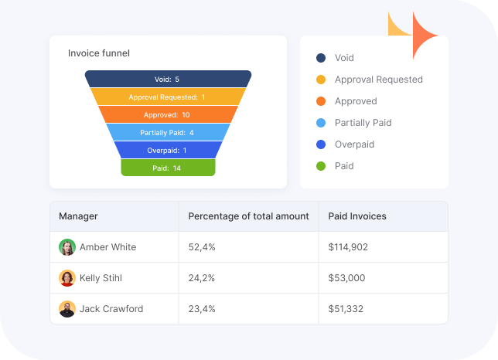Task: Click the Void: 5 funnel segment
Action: [168, 79]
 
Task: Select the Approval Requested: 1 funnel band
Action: [168, 97]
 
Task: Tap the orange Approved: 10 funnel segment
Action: [168, 114]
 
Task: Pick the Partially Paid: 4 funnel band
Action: [168, 132]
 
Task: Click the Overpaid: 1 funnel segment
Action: [168, 150]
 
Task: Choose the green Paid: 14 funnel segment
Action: [168, 168]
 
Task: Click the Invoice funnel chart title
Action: [99, 53]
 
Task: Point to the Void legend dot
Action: [321, 58]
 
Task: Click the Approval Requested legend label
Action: [378, 80]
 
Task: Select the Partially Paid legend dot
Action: [321, 123]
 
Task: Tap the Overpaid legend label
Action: [354, 144]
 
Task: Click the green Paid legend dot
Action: [321, 166]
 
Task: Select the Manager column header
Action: [78, 216]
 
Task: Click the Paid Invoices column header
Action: [357, 216]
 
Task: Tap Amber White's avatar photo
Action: [67, 247]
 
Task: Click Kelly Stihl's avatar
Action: [67, 278]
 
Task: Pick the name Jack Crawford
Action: [111, 309]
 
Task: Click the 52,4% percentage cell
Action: [202, 247]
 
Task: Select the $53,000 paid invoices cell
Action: [346, 278]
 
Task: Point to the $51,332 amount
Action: [346, 309]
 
